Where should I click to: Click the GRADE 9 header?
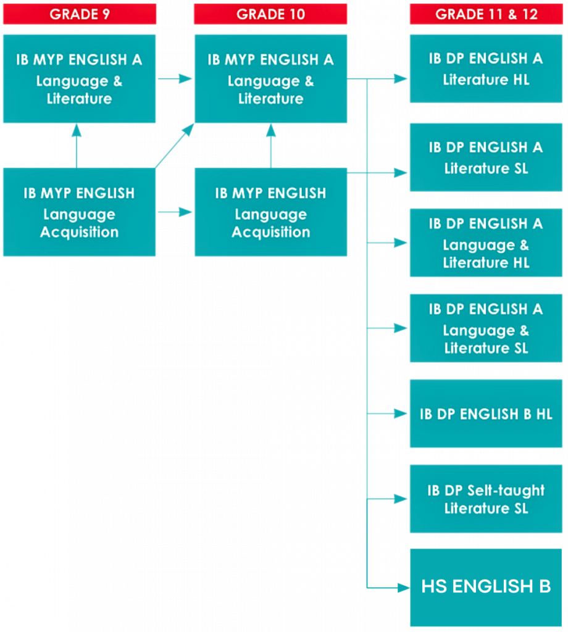pos(80,14)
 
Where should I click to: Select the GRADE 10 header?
pos(270,14)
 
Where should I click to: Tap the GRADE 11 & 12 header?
pos(486,14)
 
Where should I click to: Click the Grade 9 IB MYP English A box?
pos(80,79)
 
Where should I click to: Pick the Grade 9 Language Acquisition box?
pos(80,212)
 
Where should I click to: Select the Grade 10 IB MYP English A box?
pos(270,79)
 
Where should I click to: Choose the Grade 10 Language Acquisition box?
pos(270,212)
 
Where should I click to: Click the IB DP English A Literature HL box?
pos(486,69)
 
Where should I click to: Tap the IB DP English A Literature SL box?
pos(486,157)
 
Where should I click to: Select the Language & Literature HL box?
pos(486,243)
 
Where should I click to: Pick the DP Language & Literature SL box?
pos(486,328)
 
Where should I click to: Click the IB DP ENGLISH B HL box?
pos(486,414)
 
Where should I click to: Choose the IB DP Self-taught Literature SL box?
pos(486,499)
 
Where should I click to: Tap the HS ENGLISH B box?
pos(486,587)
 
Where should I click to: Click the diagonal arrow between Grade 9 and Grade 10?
pos(175,146)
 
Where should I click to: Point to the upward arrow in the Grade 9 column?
pos(77,146)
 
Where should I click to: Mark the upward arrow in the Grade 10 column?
pos(270,146)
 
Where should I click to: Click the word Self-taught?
pos(506,491)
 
